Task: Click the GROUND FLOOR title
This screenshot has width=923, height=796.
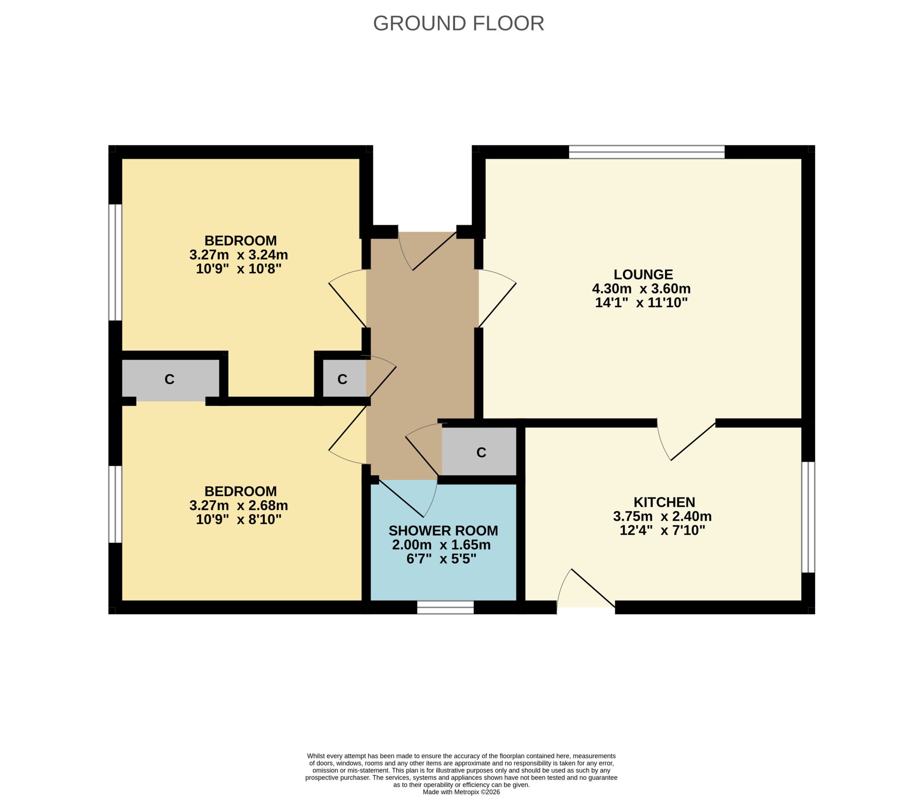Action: [x=458, y=24]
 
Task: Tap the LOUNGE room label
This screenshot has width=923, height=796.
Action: [x=643, y=275]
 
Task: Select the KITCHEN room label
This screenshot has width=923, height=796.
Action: [x=664, y=502]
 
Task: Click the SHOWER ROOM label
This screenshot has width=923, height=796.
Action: [x=443, y=531]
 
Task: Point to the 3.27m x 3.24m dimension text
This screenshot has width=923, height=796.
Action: [x=239, y=255]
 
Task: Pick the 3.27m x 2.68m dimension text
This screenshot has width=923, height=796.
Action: [x=239, y=505]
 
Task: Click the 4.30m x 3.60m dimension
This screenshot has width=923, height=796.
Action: [x=641, y=289]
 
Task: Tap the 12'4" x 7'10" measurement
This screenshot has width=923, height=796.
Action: [x=662, y=530]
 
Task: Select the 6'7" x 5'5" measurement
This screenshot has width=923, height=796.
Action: [x=441, y=559]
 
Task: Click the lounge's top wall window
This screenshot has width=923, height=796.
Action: [x=647, y=152]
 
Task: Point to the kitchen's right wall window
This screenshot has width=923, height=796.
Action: [x=808, y=517]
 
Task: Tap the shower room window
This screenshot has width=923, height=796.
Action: [x=445, y=607]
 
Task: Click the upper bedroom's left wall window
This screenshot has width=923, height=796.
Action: [x=115, y=262]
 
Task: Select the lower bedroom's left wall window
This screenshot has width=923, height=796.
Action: [x=115, y=504]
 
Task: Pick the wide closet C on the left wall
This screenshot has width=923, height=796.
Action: [x=170, y=379]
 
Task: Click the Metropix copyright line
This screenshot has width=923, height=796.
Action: [x=461, y=792]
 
